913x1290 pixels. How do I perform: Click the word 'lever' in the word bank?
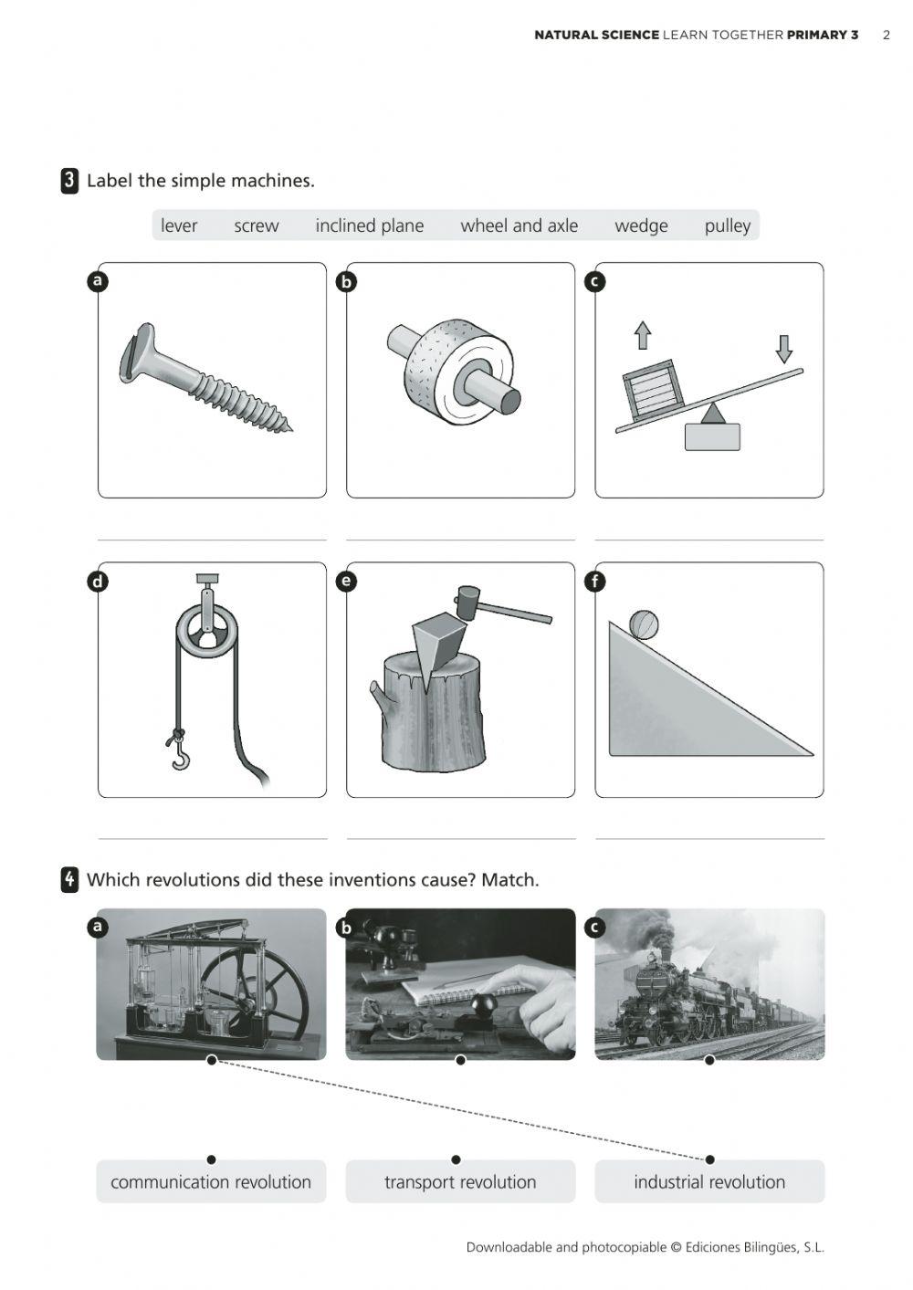[179, 225]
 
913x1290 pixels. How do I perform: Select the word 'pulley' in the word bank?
[727, 225]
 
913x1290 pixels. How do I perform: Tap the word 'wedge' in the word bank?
[641, 225]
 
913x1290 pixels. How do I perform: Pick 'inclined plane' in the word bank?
[369, 225]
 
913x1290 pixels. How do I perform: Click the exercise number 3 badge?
[69, 181]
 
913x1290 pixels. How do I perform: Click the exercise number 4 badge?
[69, 880]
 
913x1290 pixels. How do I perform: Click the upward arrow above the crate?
[643, 335]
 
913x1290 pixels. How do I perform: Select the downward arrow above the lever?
[783, 348]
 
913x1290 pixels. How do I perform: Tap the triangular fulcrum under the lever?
[713, 414]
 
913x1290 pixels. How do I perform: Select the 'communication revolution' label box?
[211, 1182]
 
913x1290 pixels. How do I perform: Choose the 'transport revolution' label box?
[460, 1182]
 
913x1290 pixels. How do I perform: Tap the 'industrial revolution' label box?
[709, 1182]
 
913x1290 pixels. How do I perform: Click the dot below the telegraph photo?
[460, 1060]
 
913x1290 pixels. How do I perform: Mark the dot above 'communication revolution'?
[211, 1159]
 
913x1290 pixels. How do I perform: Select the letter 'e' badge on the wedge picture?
[346, 581]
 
